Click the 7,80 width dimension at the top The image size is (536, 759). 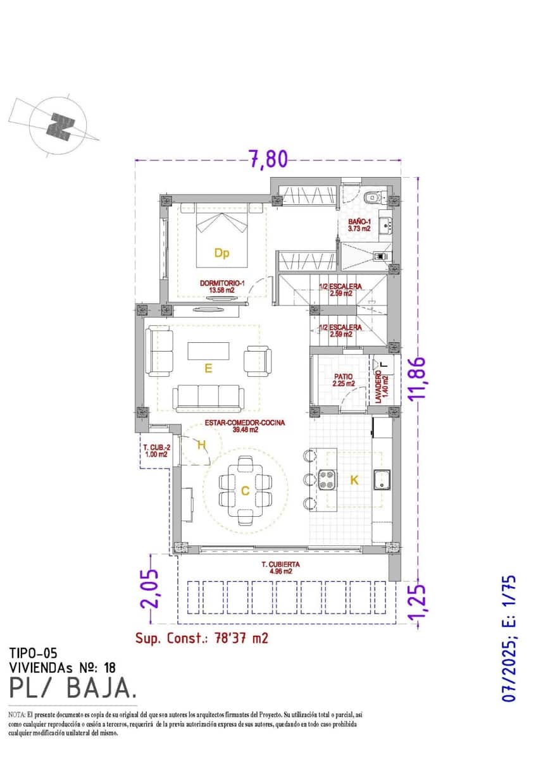(x=268, y=158)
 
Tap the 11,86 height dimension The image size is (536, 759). (x=418, y=379)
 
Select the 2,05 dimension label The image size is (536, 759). (x=151, y=589)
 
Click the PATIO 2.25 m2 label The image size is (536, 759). (x=342, y=379)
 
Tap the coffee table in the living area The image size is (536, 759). (x=209, y=352)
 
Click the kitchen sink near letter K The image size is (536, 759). (x=382, y=480)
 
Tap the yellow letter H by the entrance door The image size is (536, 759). (x=201, y=445)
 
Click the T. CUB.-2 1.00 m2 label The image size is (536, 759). (x=155, y=450)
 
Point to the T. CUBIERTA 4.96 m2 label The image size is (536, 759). (x=280, y=567)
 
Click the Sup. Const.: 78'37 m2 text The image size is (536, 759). (x=201, y=638)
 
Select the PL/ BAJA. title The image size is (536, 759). (x=72, y=687)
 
